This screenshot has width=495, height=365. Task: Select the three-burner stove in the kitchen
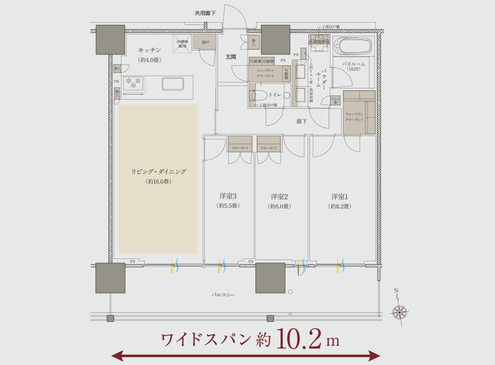click(134, 83)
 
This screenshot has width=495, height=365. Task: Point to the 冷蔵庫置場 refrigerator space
click(183, 44)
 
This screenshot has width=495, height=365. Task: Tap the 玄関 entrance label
click(231, 57)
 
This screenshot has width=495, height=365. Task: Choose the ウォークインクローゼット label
click(355, 117)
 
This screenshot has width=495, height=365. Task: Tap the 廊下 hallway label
click(302, 121)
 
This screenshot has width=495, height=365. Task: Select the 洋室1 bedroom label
click(339, 197)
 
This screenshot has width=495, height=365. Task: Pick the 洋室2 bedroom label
click(279, 197)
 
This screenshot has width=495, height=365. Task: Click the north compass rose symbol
click(400, 311)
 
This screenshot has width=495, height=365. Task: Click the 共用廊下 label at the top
click(205, 12)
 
